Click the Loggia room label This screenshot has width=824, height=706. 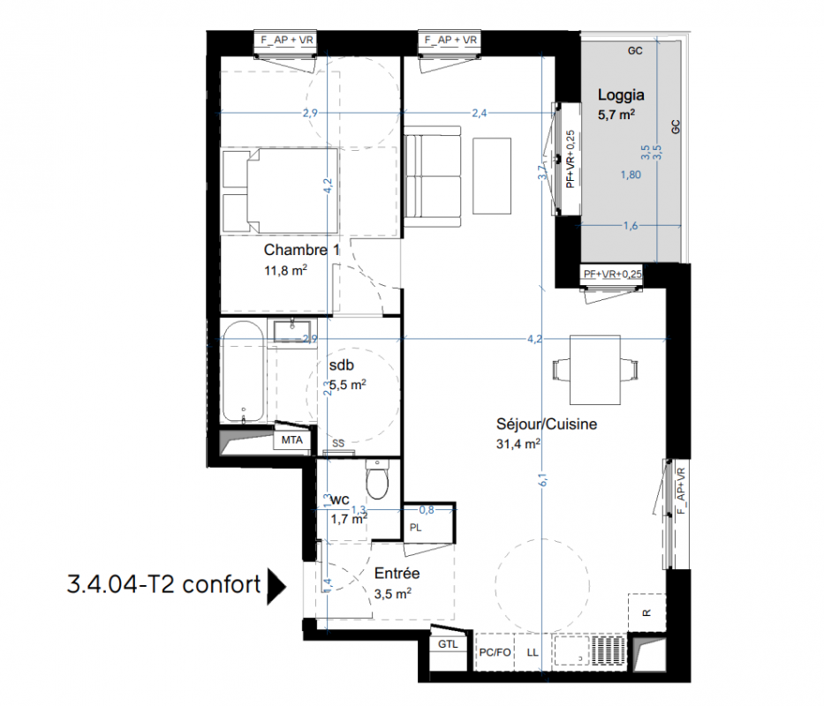point(621,95)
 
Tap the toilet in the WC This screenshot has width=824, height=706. point(377,479)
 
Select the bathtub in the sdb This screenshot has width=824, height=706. point(243,372)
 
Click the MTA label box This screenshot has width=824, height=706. point(292,439)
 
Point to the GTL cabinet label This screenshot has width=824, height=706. point(448,644)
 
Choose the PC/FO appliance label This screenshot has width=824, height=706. point(495,652)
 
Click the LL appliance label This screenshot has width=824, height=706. point(533,652)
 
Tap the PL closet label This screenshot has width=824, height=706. point(415,528)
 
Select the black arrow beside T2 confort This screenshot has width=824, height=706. point(276,586)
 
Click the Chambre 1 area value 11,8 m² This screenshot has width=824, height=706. point(285,271)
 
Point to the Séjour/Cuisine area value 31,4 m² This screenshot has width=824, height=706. point(518,444)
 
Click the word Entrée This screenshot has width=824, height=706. point(397,573)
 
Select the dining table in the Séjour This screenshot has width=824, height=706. point(595,370)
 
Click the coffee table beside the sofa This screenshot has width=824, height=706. point(492,176)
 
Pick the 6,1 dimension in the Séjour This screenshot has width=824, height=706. point(543,479)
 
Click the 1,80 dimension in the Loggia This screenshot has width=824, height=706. point(631,175)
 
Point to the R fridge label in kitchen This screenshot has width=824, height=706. point(646,613)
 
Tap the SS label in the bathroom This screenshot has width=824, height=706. point(338,443)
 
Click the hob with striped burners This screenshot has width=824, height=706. point(609,651)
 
